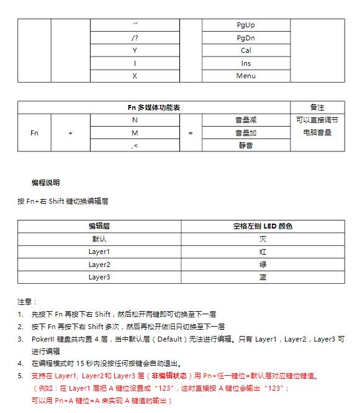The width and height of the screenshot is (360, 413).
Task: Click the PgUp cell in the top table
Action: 246,25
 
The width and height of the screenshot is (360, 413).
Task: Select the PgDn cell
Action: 246,38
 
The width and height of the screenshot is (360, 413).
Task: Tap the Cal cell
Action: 246,51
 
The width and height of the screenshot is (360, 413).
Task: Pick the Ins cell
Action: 246,63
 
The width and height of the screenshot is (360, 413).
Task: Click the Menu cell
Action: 246,76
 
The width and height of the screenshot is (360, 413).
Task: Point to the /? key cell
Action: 135,38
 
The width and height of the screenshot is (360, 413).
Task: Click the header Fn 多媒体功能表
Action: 154,107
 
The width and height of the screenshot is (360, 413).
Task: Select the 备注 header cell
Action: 317,107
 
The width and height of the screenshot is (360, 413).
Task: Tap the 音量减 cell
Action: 246,120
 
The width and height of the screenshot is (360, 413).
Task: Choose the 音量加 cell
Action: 246,133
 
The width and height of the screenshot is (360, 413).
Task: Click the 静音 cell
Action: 246,145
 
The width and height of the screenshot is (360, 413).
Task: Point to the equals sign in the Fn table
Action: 191,133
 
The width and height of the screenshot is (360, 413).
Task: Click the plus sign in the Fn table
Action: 70,133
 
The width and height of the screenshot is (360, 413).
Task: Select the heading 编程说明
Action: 46,183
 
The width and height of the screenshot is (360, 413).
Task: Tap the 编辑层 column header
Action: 99,227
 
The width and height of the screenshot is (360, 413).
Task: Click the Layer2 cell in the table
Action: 99,265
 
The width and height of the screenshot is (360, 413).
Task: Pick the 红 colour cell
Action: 263,252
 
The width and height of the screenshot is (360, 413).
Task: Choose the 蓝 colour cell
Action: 263,277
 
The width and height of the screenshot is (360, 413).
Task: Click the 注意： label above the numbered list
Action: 27,302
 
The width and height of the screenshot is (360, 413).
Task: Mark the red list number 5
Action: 20,376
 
